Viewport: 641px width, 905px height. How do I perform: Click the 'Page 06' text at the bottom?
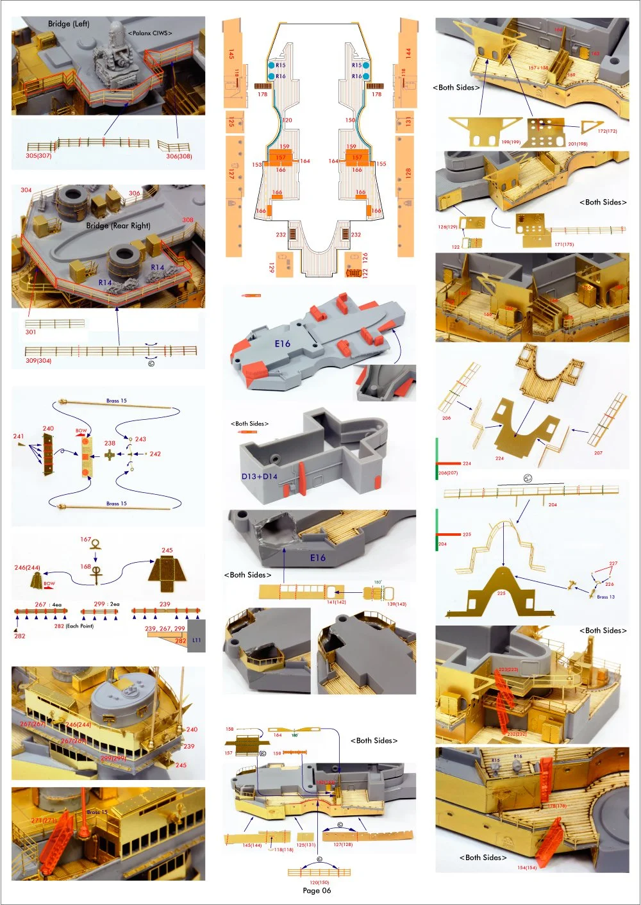317,890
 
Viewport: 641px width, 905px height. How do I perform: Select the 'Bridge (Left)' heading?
69,24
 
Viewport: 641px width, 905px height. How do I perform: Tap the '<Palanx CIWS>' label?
150,33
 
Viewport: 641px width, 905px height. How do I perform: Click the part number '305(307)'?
38,156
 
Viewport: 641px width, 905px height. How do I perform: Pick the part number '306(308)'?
179,156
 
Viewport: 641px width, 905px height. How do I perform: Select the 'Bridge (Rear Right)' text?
118,226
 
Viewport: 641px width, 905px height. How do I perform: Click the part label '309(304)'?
38,361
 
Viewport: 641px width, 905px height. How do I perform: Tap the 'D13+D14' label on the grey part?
260,476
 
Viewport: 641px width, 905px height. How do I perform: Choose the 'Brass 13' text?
606,597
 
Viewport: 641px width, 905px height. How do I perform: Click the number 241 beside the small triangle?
19,436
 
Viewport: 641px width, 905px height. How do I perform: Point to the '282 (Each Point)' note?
74,626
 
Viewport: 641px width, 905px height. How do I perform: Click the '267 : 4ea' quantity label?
48,604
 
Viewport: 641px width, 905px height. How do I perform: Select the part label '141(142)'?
337,602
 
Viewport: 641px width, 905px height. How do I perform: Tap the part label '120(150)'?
319,883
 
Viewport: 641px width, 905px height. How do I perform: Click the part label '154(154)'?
526,868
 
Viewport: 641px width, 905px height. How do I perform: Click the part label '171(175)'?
564,244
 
